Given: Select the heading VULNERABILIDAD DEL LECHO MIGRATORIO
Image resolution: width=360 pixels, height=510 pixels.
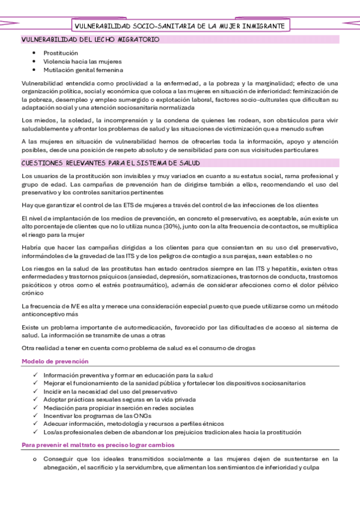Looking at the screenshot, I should pos(91,39).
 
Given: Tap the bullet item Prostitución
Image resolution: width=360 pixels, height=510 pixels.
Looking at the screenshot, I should pos(61,53).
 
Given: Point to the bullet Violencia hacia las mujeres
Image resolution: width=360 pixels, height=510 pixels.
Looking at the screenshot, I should pos(82,61).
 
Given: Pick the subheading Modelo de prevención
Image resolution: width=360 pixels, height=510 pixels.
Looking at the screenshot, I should pos(55,361).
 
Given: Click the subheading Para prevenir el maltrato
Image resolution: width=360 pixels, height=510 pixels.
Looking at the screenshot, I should pos(98,445).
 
